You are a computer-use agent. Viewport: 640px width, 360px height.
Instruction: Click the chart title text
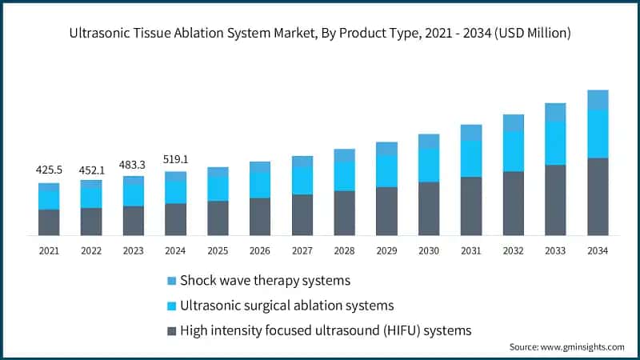(x=319, y=33)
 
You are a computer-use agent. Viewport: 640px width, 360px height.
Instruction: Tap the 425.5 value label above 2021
(x=49, y=170)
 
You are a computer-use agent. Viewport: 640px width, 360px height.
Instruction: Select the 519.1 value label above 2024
(x=175, y=158)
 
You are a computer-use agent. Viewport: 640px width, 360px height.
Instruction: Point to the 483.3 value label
(x=133, y=163)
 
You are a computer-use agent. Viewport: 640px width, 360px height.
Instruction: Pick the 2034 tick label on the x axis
(x=598, y=250)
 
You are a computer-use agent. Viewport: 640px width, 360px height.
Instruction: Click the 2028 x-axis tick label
(x=344, y=250)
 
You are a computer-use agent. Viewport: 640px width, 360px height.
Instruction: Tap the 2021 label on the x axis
(x=49, y=250)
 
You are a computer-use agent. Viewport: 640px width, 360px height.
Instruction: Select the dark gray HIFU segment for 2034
(x=598, y=197)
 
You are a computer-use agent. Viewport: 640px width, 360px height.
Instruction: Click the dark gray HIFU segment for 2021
(x=49, y=222)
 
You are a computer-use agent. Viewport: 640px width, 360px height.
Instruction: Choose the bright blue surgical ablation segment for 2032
(x=513, y=151)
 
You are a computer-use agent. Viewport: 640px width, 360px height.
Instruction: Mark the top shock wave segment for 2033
(x=555, y=112)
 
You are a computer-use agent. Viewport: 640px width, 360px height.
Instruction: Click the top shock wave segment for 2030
(x=429, y=141)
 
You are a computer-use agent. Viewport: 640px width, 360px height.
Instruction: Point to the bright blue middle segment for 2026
(x=260, y=185)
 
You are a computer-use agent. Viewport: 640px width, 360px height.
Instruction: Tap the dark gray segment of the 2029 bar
(x=386, y=211)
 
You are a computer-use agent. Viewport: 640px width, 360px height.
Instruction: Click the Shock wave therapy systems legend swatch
(x=171, y=281)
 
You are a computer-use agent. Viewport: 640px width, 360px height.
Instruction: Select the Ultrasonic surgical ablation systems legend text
(x=286, y=306)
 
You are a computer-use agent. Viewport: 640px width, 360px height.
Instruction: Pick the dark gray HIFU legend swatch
(x=171, y=330)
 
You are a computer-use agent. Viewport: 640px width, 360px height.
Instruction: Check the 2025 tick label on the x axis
(x=218, y=250)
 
